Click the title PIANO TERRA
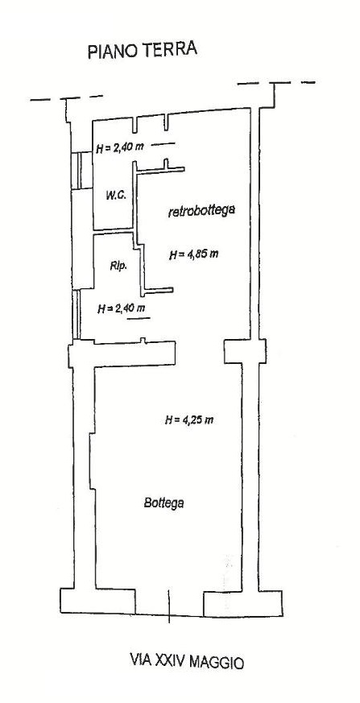[143, 50]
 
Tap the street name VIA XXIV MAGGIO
[187, 661]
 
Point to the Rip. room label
[118, 266]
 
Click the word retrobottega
[201, 211]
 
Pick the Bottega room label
[164, 502]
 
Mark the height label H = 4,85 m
[194, 254]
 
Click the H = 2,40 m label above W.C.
[120, 147]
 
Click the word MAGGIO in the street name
[217, 662]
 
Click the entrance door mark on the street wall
[169, 606]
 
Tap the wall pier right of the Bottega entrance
[243, 603]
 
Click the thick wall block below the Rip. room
[122, 354]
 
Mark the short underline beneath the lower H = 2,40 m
[139, 318]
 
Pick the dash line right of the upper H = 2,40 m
[163, 144]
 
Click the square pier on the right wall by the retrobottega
[245, 351]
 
